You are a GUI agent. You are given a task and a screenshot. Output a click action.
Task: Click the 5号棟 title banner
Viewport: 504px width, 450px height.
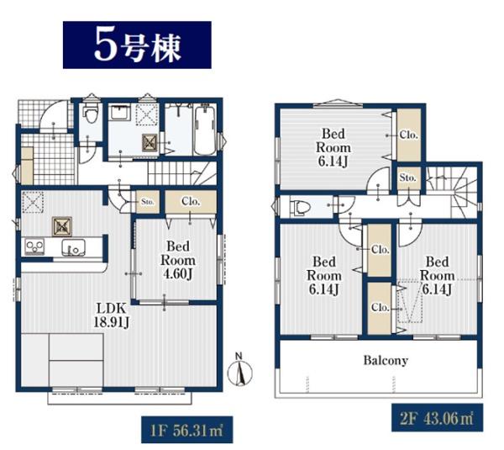click(137, 45)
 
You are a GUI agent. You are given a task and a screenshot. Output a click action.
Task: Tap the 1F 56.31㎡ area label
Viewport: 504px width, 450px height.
click(186, 430)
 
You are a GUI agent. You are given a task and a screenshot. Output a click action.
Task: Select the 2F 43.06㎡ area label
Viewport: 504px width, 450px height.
click(437, 418)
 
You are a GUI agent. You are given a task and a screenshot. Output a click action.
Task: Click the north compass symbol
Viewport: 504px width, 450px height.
click(239, 370)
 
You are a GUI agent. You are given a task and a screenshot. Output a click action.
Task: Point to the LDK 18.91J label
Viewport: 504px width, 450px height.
click(112, 315)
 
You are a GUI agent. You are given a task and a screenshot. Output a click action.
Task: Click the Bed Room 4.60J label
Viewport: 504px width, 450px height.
click(178, 261)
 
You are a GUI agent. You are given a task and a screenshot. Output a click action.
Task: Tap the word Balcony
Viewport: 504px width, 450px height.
click(386, 360)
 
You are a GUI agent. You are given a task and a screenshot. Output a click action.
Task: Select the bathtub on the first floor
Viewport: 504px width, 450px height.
click(206, 130)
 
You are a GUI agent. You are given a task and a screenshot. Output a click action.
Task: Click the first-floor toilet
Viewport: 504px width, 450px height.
click(90, 114)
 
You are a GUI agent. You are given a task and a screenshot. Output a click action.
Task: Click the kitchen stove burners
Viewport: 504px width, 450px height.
click(34, 246)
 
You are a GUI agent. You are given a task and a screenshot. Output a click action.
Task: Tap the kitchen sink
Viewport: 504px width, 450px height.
click(74, 247)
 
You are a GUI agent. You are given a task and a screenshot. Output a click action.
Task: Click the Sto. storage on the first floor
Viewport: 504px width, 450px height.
click(148, 202)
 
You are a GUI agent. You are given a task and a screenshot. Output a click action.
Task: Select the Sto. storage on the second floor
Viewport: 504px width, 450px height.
click(408, 178)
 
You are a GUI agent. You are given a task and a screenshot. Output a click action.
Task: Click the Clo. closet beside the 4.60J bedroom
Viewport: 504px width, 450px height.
click(191, 202)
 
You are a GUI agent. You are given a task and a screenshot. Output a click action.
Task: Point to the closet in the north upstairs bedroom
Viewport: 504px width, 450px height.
click(409, 135)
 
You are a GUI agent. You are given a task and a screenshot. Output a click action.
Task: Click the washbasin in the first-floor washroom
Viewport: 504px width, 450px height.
click(120, 111)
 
